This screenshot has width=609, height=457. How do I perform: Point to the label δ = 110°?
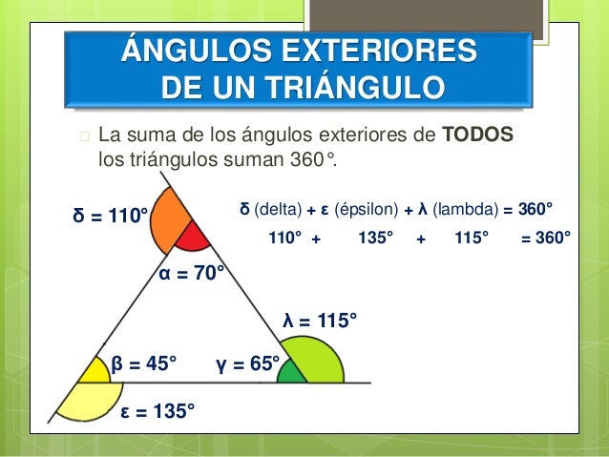click(x=111, y=216)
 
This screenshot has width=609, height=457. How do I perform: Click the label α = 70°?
click(x=192, y=274)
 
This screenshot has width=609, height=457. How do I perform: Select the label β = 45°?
click(x=144, y=364)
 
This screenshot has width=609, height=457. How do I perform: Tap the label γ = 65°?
click(x=249, y=364)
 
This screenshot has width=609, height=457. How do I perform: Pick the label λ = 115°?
click(x=321, y=322)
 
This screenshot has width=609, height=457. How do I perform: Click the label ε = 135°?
click(x=157, y=411)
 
